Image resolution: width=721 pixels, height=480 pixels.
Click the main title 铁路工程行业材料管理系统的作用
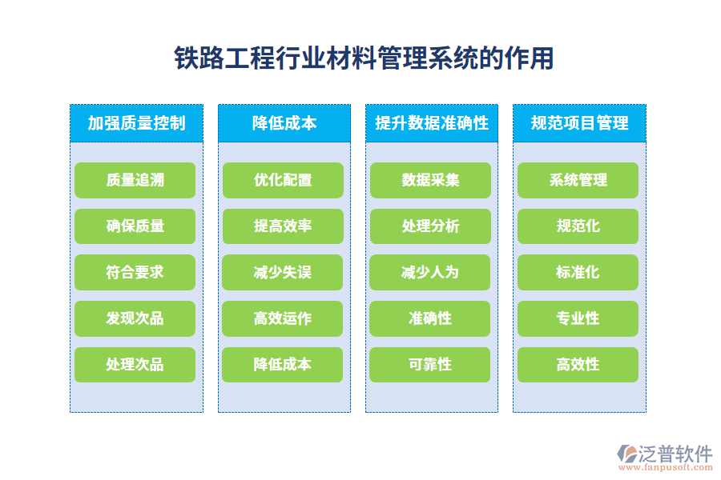click(x=364, y=58)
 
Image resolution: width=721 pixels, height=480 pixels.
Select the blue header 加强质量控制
click(x=136, y=123)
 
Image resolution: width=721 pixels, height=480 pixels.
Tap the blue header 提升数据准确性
click(x=431, y=123)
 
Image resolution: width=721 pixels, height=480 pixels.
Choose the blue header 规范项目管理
click(x=579, y=123)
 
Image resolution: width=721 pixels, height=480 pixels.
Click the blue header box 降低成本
click(x=284, y=123)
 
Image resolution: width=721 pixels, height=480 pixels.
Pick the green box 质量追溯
click(x=135, y=180)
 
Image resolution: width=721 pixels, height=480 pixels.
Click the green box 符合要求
click(x=135, y=272)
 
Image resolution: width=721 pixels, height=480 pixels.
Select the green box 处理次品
click(x=135, y=365)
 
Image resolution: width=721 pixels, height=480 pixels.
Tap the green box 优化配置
click(x=283, y=180)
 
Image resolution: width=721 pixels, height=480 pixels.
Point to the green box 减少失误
click(x=283, y=272)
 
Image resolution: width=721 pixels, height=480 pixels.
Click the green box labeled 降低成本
click(x=283, y=365)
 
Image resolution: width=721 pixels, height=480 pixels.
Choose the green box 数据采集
click(x=430, y=180)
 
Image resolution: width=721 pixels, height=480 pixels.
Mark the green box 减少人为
click(x=430, y=272)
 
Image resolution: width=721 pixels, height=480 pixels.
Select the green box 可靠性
click(x=430, y=365)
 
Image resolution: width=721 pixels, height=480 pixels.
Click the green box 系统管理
click(x=578, y=180)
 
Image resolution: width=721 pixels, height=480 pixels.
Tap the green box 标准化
click(x=578, y=272)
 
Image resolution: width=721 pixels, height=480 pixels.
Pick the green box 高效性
click(x=578, y=365)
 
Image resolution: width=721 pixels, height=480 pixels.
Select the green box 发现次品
click(x=135, y=318)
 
